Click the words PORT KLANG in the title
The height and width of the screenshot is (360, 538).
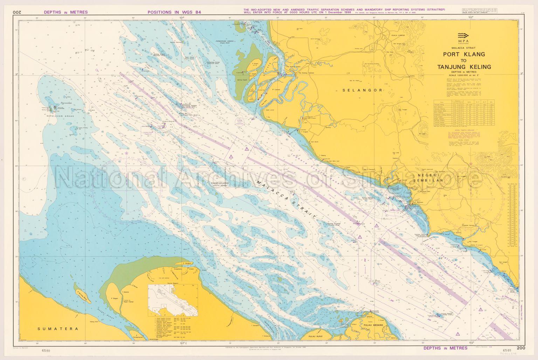coord(464,54)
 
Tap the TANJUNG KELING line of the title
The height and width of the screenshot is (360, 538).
coord(464,67)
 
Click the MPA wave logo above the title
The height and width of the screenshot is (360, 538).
coord(464,36)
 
